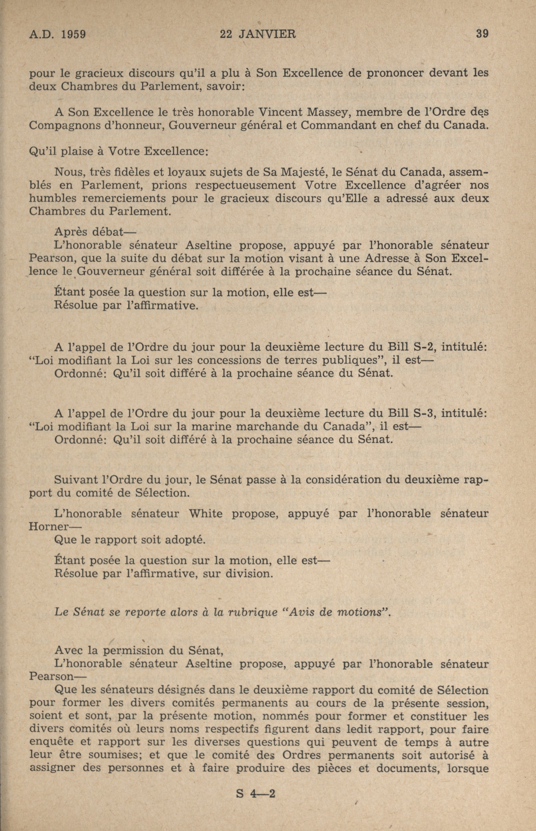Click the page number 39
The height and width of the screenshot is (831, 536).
482,34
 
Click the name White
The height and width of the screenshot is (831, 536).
205,514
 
